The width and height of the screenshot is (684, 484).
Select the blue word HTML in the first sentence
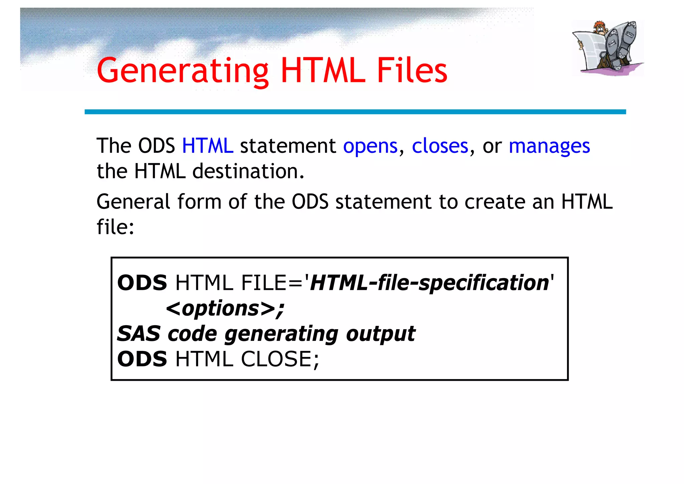(x=207, y=146)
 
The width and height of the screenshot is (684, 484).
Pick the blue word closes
(x=440, y=146)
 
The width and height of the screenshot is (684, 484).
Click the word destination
(x=248, y=171)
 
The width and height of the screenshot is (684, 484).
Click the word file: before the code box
(x=115, y=227)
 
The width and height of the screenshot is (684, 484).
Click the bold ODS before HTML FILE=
(x=142, y=283)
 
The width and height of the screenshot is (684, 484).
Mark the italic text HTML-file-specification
(x=430, y=283)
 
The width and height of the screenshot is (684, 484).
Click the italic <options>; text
(x=225, y=308)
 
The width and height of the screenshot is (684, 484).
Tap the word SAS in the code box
(x=139, y=334)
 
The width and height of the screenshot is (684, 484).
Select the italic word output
(x=380, y=334)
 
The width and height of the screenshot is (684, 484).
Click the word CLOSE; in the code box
(x=280, y=359)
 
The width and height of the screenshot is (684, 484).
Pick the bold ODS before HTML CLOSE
(x=142, y=359)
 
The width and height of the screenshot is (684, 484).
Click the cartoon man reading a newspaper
(x=607, y=48)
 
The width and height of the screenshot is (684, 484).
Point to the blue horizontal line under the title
(x=355, y=112)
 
